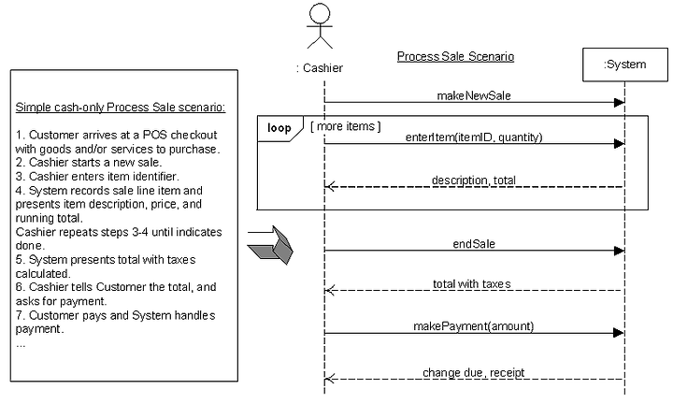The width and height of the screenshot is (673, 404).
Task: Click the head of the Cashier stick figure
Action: coord(320,13)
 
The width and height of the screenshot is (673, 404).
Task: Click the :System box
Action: coord(625,65)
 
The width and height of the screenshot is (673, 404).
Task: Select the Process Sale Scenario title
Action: coord(455,56)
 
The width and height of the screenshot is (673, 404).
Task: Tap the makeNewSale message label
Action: coord(474,95)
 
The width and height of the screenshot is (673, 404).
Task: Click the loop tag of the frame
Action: coord(279,128)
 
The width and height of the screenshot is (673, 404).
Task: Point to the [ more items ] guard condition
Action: coord(346,126)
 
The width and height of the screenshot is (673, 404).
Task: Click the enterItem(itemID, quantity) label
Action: coord(474,137)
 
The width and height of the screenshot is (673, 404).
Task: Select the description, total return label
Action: coord(473,180)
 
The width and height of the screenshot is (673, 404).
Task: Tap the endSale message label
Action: coord(474,244)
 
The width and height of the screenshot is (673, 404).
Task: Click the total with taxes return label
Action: coord(472,283)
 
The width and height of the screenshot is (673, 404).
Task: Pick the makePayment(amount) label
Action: coord(473,326)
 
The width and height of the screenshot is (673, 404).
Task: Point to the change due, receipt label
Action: coord(473,372)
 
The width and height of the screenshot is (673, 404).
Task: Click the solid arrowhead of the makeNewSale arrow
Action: coord(620,103)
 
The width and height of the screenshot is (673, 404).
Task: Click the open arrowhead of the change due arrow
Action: coord(330,379)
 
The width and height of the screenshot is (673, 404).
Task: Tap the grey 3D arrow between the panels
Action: coord(270,245)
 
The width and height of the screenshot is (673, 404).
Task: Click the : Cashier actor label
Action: coord(320,68)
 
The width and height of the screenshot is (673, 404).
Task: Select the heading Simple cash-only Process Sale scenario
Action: coord(121,107)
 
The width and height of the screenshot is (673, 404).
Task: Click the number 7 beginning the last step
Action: coord(19,315)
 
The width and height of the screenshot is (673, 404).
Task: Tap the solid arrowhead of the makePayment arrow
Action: coord(620,333)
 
